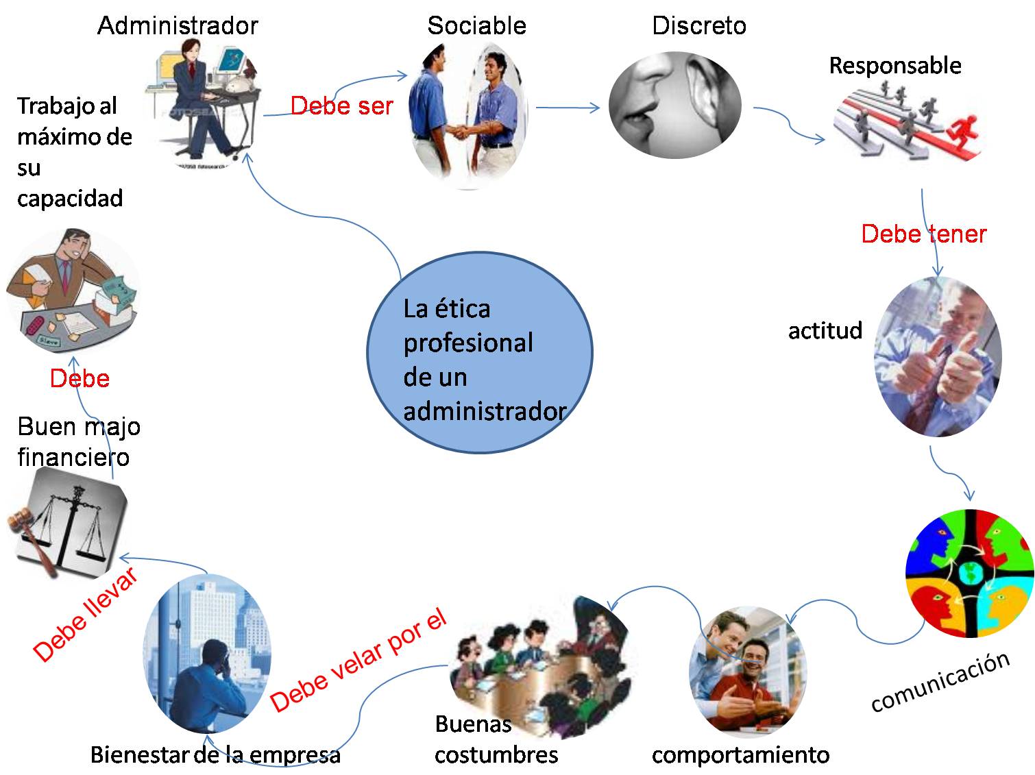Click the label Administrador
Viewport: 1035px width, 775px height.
(178, 26)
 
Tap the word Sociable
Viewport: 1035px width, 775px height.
(476, 26)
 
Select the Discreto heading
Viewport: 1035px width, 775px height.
(698, 26)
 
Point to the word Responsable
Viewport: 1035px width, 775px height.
(894, 66)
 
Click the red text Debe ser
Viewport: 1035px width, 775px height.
(341, 106)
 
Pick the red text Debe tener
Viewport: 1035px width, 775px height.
(923, 234)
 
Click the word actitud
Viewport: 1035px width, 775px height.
(825, 330)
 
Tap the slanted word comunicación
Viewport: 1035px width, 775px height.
(940, 682)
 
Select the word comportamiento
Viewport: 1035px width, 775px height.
(740, 755)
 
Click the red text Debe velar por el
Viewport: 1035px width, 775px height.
(358, 661)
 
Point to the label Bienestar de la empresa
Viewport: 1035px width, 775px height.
(215, 755)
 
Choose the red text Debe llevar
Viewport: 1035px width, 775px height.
(86, 614)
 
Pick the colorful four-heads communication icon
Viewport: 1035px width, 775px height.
(969, 573)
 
